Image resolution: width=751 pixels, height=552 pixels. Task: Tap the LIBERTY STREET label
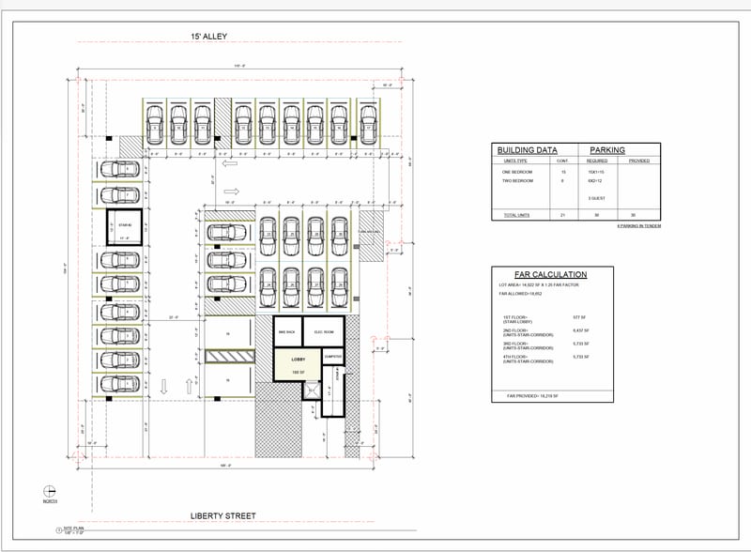(223, 515)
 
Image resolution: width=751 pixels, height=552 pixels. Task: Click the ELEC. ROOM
(325, 332)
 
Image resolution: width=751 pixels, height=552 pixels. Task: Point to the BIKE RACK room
(287, 332)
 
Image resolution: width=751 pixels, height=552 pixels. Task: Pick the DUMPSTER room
(331, 356)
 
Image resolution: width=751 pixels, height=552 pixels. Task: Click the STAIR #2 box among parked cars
(123, 226)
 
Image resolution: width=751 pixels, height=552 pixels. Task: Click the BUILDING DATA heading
(527, 150)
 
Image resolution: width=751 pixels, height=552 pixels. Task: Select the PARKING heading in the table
(607, 150)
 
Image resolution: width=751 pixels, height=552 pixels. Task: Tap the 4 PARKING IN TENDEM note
(637, 226)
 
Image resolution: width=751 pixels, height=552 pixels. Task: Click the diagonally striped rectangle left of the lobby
(228, 356)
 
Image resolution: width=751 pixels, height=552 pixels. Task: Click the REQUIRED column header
(596, 161)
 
